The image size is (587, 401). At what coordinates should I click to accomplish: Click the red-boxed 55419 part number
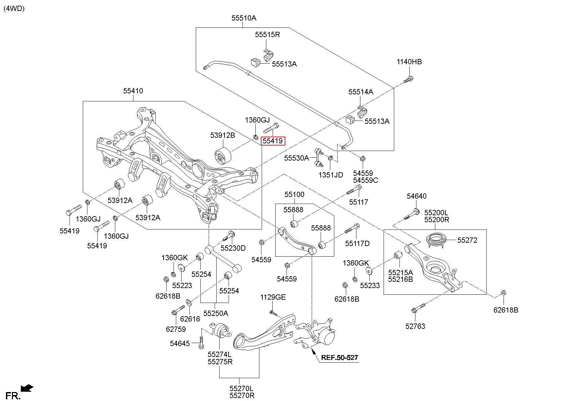(x=273, y=141)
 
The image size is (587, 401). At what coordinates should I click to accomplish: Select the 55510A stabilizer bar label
(x=244, y=18)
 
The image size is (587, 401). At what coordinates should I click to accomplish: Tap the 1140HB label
(x=409, y=62)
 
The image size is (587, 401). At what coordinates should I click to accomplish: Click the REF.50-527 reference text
(x=340, y=358)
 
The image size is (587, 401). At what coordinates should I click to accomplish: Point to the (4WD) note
(x=14, y=9)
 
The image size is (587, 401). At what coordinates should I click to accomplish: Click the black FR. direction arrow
(x=27, y=388)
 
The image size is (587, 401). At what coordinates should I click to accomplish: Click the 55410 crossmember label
(x=133, y=91)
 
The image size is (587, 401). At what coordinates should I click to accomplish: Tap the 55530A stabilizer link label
(x=296, y=158)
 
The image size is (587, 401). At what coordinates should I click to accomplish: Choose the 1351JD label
(x=331, y=175)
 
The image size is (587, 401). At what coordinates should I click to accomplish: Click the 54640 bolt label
(x=417, y=196)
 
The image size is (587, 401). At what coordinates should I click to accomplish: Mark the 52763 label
(x=415, y=326)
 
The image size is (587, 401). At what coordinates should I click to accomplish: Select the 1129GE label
(x=273, y=297)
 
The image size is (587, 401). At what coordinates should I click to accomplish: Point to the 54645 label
(x=180, y=343)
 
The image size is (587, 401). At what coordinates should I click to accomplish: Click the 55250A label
(x=216, y=313)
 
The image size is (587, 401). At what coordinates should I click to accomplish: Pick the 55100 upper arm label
(x=294, y=194)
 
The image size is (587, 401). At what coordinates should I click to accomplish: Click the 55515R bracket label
(x=267, y=34)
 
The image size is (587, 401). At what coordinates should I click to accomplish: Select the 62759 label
(x=176, y=329)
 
